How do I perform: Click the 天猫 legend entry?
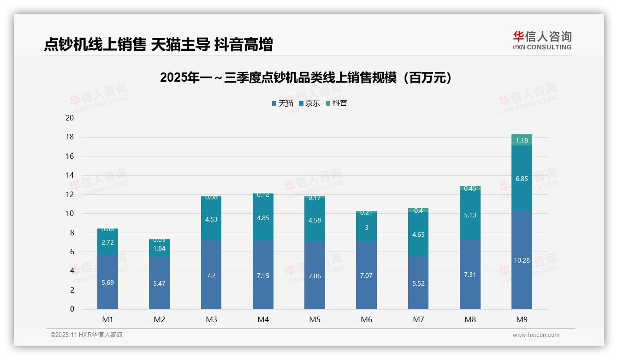tap(283, 103)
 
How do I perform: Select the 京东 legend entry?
tap(309, 103)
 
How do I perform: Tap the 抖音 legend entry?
tap(337, 103)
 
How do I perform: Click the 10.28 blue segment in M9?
tap(522, 260)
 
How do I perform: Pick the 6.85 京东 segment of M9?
tap(522, 179)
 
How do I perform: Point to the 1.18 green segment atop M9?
tap(522, 140)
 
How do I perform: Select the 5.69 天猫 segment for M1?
tap(107, 282)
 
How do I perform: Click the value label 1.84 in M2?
tap(159, 248)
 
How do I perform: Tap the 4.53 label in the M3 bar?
tap(211, 219)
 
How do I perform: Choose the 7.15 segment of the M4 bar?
tap(263, 275)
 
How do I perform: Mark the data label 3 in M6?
tap(366, 228)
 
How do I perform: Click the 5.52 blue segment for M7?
tap(418, 283)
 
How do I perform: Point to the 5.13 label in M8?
tap(470, 215)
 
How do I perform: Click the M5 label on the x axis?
tap(315, 319)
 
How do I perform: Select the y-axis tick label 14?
tap(70, 175)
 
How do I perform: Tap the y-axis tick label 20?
tap(70, 118)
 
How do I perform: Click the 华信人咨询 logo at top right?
tap(542, 40)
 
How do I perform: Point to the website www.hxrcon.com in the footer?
tap(535, 335)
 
